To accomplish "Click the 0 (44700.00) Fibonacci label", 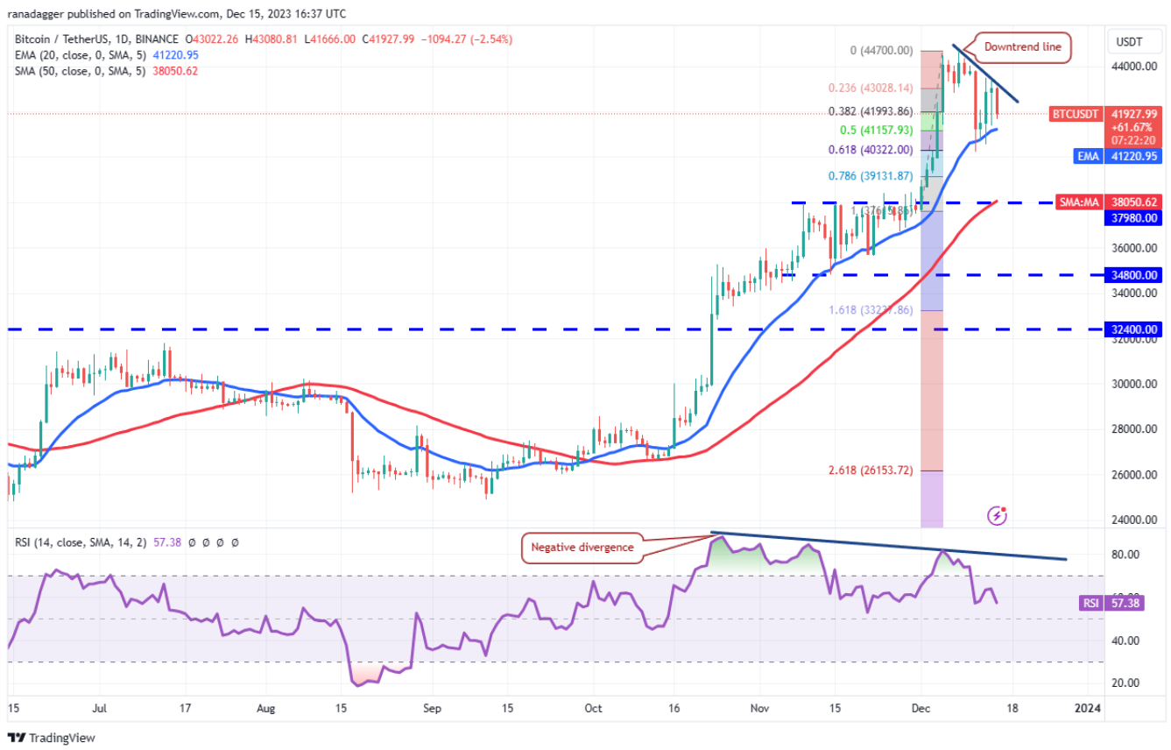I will pyautogui.click(x=870, y=51).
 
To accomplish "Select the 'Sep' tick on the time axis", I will pyautogui.click(x=430, y=708).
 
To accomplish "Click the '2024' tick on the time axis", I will pyautogui.click(x=1089, y=708).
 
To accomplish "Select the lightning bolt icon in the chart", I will pyautogui.click(x=997, y=516).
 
